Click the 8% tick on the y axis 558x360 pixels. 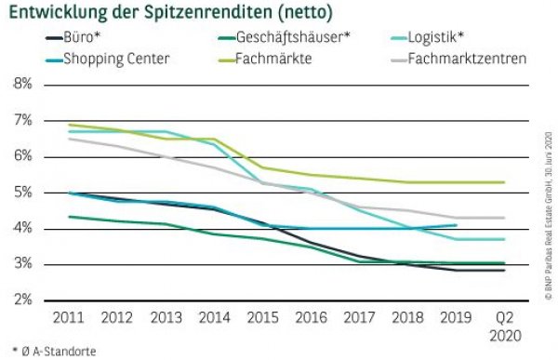(x=21, y=85)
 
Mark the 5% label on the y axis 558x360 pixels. (x=21, y=193)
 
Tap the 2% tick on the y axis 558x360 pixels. (x=21, y=300)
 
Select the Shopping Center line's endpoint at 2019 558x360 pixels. (x=456, y=225)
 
